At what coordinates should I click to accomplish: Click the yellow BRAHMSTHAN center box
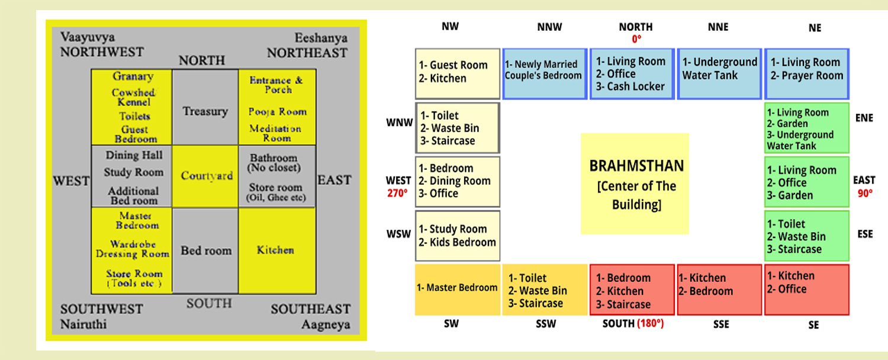635,184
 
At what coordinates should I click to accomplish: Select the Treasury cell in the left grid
205,111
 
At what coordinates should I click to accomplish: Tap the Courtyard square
206,176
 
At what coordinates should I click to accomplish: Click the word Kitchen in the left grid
275,250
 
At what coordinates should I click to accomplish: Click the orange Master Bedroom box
457,288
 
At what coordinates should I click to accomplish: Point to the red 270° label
398,194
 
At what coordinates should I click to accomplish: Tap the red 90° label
864,193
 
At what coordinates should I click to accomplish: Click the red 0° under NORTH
636,39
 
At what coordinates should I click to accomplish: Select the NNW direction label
551,27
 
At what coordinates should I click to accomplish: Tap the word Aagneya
325,324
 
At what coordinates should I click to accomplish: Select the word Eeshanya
322,38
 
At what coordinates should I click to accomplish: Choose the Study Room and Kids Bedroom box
458,236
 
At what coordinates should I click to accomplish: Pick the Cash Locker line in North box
630,86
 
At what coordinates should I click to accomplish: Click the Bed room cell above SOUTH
205,250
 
